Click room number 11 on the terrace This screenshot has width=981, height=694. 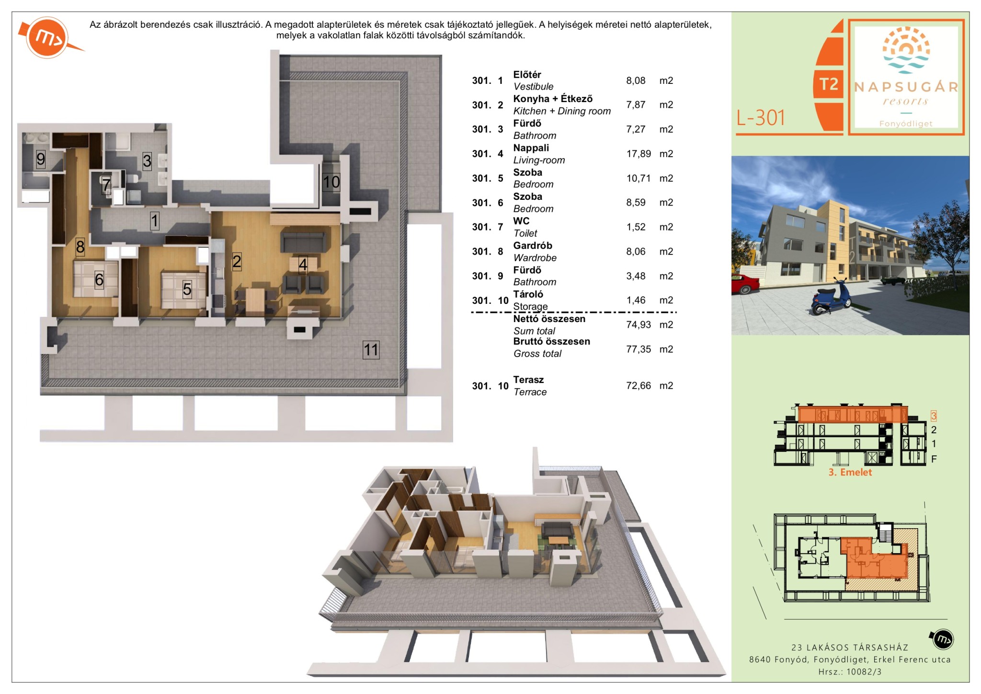(x=371, y=349)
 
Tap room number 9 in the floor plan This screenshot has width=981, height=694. (x=41, y=159)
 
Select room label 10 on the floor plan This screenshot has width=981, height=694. (x=331, y=182)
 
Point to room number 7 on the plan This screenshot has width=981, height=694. (x=106, y=185)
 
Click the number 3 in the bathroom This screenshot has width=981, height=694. (x=147, y=161)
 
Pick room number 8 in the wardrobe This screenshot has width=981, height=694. (x=80, y=247)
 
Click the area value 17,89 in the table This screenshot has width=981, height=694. (x=639, y=154)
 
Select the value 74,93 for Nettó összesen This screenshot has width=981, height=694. (x=639, y=324)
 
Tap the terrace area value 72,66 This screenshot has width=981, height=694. (x=639, y=385)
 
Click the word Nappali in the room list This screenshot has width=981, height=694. (x=531, y=148)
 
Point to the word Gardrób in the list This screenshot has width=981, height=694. (x=533, y=245)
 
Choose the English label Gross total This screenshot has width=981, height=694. (x=537, y=354)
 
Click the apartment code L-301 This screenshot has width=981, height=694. (x=761, y=117)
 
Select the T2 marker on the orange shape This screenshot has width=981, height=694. (x=829, y=84)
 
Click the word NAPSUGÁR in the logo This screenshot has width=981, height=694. (x=906, y=87)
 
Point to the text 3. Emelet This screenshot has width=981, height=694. (x=850, y=472)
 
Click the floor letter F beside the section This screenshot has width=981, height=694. (x=934, y=459)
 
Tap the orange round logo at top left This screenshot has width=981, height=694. (x=48, y=38)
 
